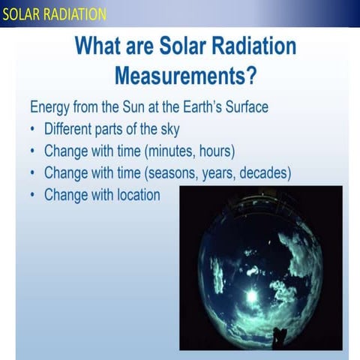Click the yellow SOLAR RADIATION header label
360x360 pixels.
point(53,14)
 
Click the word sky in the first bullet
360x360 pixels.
point(169,128)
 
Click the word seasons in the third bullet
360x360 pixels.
point(175,172)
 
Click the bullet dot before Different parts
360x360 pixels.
point(34,129)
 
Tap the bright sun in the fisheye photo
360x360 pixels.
point(252,295)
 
